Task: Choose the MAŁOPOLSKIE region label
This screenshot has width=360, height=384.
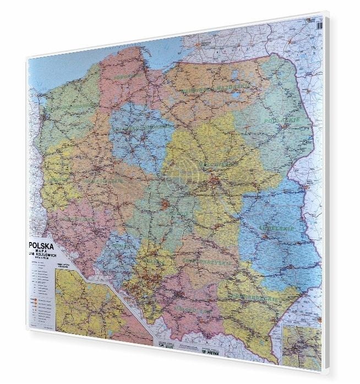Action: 193,311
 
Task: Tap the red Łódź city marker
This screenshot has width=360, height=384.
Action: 165,205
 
